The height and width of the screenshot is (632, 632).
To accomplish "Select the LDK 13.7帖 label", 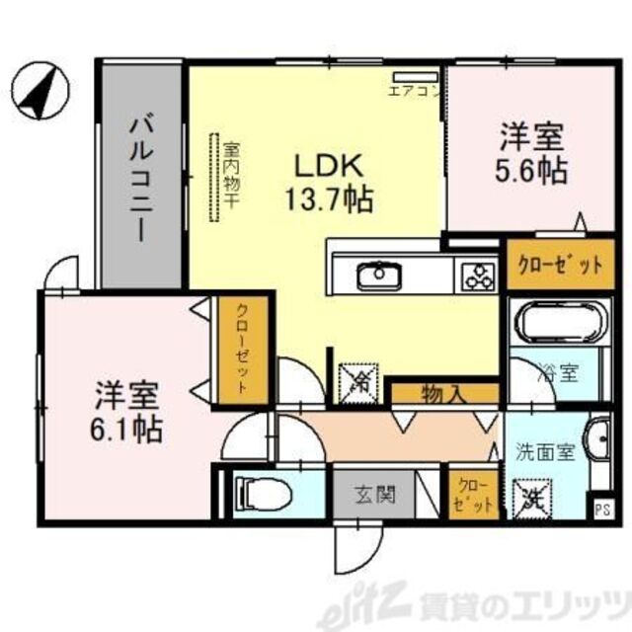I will pyautogui.click(x=329, y=183).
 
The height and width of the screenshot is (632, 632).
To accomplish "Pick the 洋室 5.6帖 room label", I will pyautogui.click(x=531, y=153).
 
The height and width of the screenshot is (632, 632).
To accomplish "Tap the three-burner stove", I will pyautogui.click(x=477, y=275).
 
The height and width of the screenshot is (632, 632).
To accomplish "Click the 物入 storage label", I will pyautogui.click(x=443, y=394).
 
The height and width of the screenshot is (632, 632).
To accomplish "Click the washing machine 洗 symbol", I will pyautogui.click(x=533, y=492).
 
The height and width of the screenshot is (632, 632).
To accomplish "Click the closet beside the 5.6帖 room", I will pyautogui.click(x=554, y=265).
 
